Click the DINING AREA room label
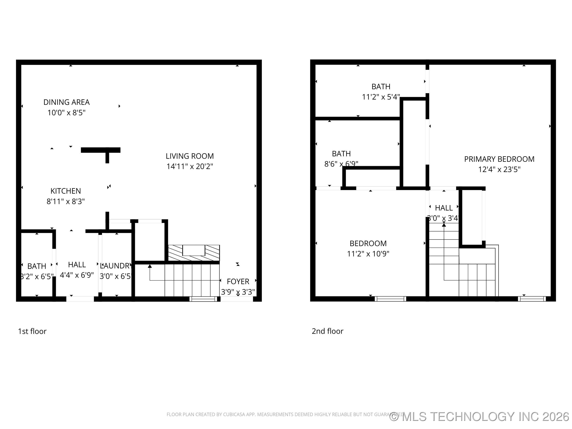pyautogui.click(x=67, y=102)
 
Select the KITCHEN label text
pyautogui.click(x=66, y=191)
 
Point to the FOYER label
pyautogui.click(x=238, y=281)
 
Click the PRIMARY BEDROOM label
pyautogui.click(x=499, y=159)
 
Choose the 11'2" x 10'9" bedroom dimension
pyautogui.click(x=368, y=254)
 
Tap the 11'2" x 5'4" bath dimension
pyautogui.click(x=381, y=97)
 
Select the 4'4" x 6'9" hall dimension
pyautogui.click(x=77, y=275)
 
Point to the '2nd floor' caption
pyautogui.click(x=327, y=331)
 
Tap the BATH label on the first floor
pyautogui.click(x=37, y=266)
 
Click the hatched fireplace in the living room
pyautogui.click(x=194, y=253)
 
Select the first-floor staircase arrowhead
pyautogui.click(x=150, y=266)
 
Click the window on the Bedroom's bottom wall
pyautogui.click(x=390, y=299)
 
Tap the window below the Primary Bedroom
pyautogui.click(x=532, y=299)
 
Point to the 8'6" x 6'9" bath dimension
pyautogui.click(x=341, y=164)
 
